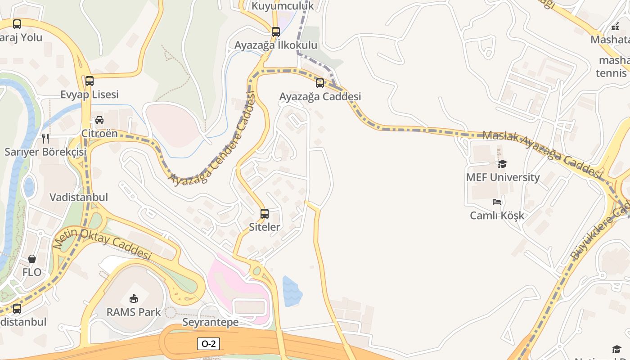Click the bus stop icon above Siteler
(x=265, y=213)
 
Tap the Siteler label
(x=265, y=227)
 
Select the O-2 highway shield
(x=208, y=344)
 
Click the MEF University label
(x=503, y=177)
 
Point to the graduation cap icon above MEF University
(x=502, y=164)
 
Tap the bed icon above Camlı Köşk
(x=497, y=202)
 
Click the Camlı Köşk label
(x=497, y=216)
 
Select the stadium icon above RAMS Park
(x=134, y=298)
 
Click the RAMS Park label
(x=134, y=312)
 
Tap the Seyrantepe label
(x=210, y=322)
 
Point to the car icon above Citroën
(x=99, y=120)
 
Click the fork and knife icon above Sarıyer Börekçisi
(x=45, y=138)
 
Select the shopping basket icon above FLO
(x=32, y=259)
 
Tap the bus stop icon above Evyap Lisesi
(x=90, y=81)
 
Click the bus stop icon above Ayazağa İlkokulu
(x=276, y=32)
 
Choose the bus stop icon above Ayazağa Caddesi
(x=320, y=83)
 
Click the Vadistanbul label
(x=79, y=197)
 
